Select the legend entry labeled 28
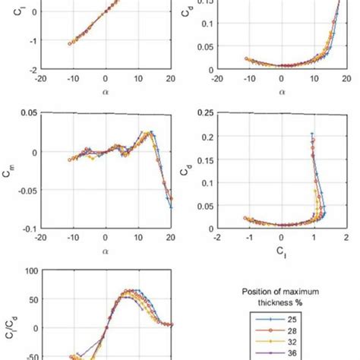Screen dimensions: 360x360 [292, 332]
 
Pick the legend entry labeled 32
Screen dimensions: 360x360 [292, 343]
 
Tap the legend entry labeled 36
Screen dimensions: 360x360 [292, 353]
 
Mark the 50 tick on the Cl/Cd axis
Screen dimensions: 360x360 [33, 299]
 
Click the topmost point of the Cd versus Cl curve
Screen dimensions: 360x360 [312, 134]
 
